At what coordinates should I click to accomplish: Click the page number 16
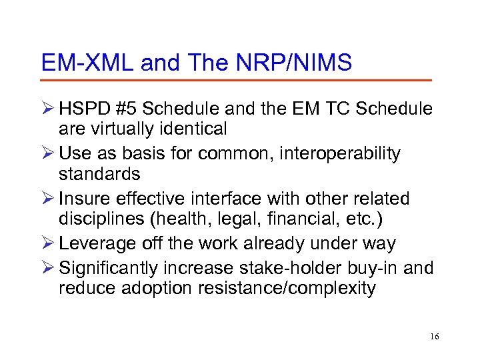click(434, 337)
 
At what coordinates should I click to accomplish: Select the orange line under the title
click(236, 81)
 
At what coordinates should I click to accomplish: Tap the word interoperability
click(339, 154)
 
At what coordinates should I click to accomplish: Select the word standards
click(99, 173)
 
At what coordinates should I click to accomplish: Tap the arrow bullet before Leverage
click(48, 244)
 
